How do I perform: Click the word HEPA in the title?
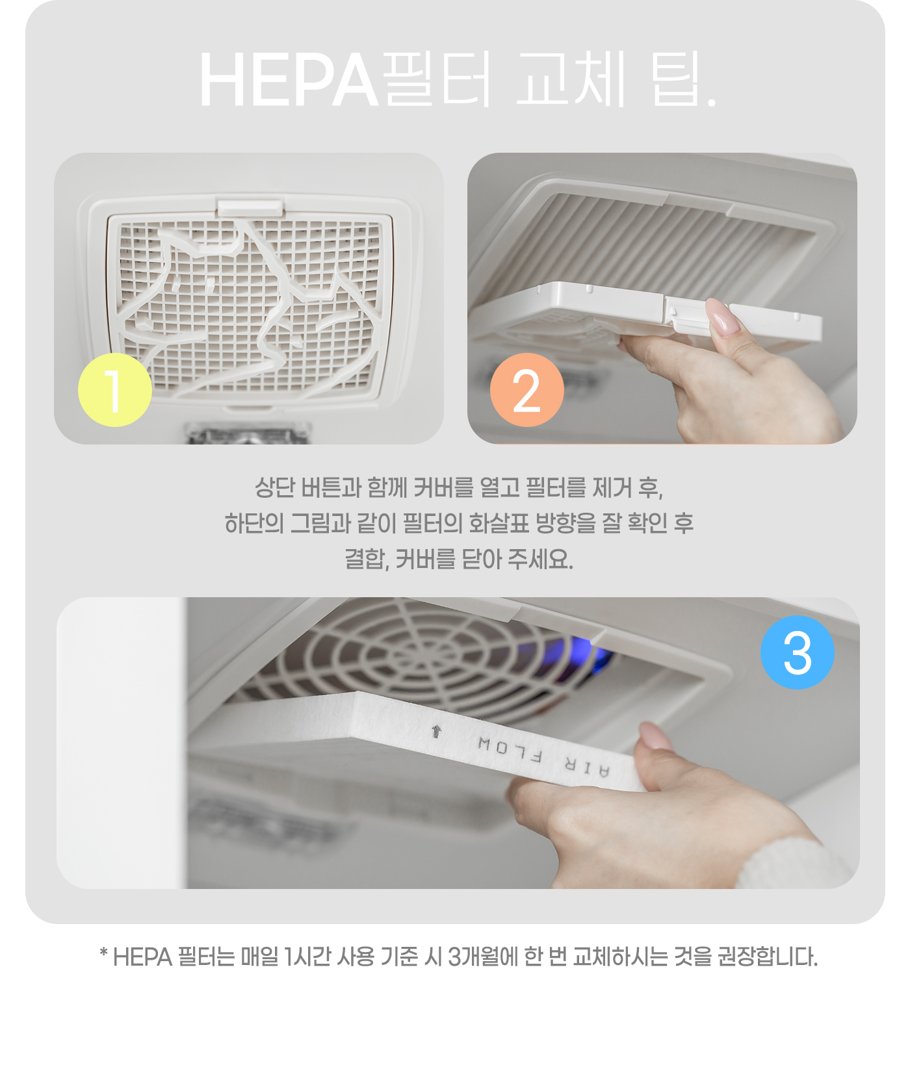pos(289,81)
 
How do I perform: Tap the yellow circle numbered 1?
pos(115,390)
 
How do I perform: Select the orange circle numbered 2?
pos(526,390)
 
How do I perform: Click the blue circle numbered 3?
pos(797,652)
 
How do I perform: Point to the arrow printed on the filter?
pos(436,732)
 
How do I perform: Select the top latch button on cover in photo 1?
pos(250,207)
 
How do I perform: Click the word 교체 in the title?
pos(570,81)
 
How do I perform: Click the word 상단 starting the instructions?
pos(274,487)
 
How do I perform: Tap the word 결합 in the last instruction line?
pos(365,559)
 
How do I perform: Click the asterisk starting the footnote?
pos(103,953)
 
